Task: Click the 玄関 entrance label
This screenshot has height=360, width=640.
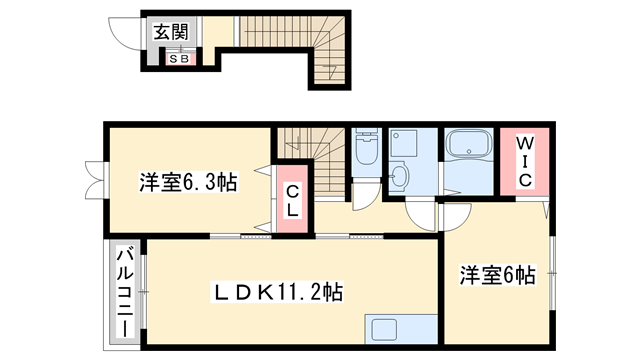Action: tap(170, 32)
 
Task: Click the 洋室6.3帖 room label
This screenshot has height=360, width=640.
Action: tap(186, 183)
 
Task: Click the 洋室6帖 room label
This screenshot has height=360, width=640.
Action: tap(496, 274)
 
